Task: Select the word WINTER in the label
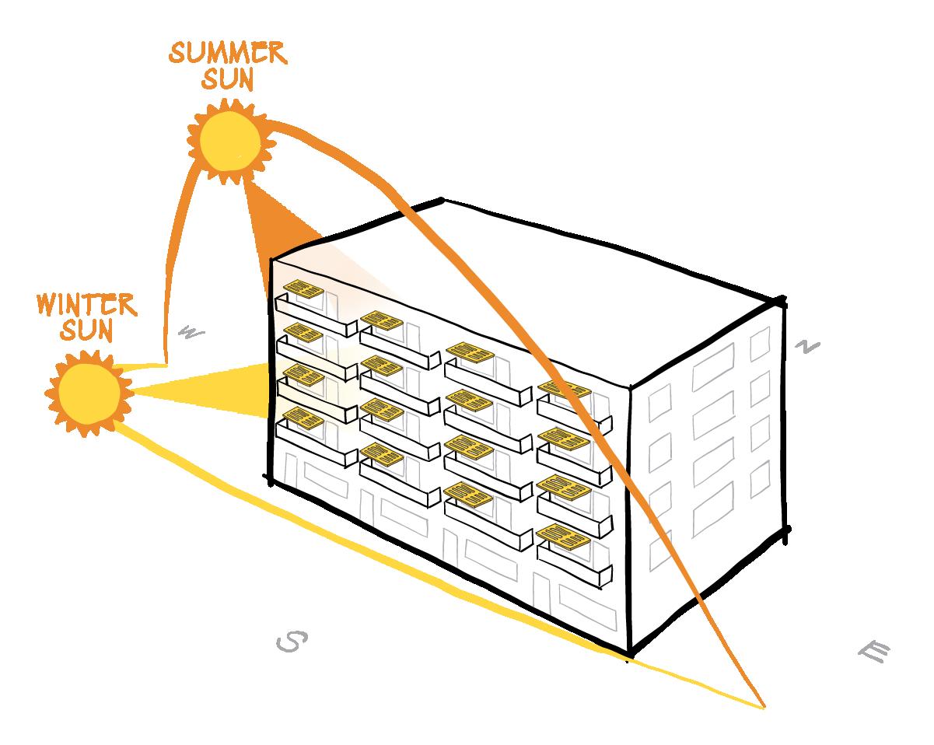pos(86,304)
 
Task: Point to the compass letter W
pos(191,333)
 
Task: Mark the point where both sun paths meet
pos(763,706)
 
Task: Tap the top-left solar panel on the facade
pos(303,291)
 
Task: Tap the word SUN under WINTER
pos(86,330)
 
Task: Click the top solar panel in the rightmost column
pos(563,389)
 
